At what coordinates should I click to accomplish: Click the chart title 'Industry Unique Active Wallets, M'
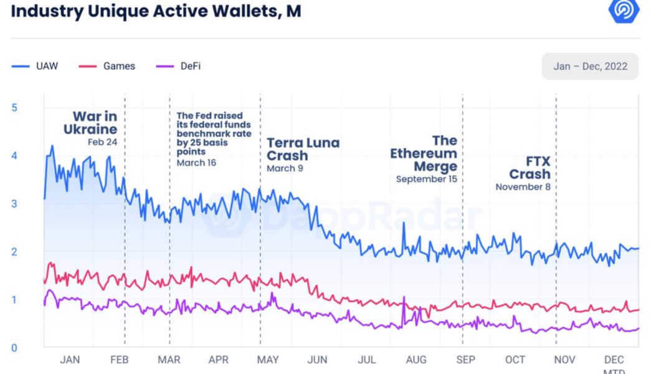[x=156, y=11]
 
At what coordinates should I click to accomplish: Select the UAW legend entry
[x=36, y=66]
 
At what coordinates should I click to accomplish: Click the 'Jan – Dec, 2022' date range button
[x=590, y=66]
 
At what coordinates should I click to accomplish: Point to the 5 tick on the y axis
[x=14, y=107]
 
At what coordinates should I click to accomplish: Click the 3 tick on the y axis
[x=14, y=204]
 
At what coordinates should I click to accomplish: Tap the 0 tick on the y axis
[x=14, y=348]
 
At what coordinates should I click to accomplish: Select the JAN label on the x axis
[x=70, y=360]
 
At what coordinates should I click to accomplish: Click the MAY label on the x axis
[x=268, y=360]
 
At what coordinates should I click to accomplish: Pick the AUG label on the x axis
[x=416, y=360]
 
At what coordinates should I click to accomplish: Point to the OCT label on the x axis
[x=515, y=360]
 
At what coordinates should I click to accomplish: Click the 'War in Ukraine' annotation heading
[x=91, y=123]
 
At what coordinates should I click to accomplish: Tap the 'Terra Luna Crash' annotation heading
[x=303, y=149]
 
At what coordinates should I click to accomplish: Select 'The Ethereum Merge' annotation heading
[x=425, y=153]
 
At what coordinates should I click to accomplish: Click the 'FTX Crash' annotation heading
[x=530, y=167]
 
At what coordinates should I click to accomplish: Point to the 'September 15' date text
[x=426, y=179]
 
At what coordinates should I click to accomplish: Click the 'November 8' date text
[x=523, y=186]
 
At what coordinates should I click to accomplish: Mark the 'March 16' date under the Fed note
[x=196, y=163]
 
